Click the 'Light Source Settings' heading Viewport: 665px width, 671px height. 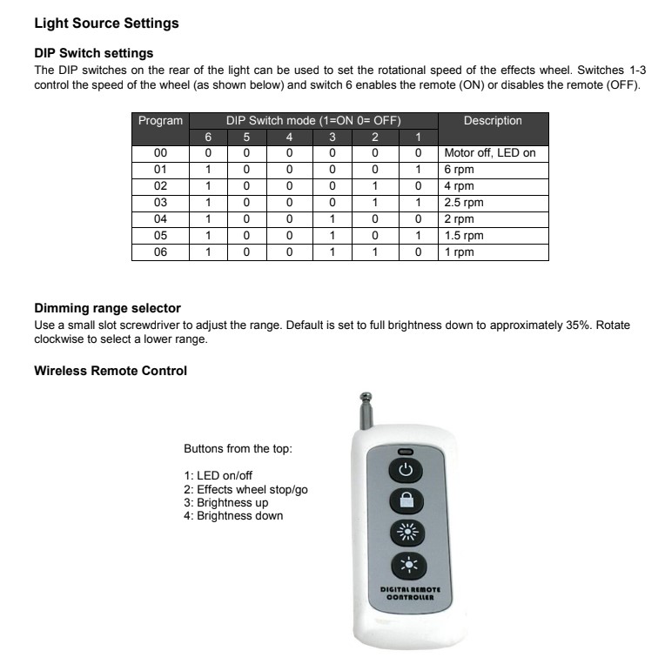(106, 23)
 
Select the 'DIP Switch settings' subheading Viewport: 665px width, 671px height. (93, 54)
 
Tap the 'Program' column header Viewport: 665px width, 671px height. (160, 121)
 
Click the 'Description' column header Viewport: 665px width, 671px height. (493, 121)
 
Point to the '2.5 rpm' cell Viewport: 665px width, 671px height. (463, 203)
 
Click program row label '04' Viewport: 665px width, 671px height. (160, 219)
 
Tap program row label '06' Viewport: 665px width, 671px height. (160, 252)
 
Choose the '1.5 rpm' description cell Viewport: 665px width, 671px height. (463, 236)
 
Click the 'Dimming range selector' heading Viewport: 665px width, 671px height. (107, 308)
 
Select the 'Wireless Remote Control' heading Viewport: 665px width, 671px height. (111, 371)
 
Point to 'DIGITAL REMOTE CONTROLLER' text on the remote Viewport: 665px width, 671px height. (411, 594)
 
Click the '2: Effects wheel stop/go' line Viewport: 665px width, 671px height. (245, 490)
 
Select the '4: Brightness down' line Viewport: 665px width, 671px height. (233, 516)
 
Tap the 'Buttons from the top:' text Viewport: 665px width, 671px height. (238, 449)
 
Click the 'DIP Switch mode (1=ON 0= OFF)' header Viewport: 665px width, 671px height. (312, 121)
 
